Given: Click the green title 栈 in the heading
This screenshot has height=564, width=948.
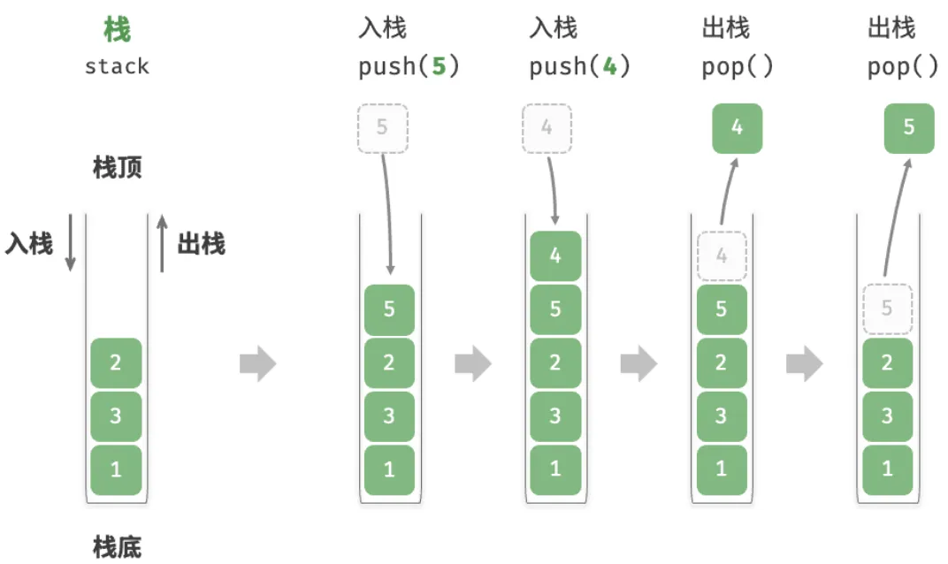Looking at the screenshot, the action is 117,29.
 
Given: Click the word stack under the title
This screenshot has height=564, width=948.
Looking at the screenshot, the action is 117,66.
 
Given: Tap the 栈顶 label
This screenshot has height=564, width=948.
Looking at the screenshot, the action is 118,167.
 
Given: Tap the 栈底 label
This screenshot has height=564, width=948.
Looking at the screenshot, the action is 118,547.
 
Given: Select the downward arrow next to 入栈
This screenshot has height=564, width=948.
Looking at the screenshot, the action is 70,242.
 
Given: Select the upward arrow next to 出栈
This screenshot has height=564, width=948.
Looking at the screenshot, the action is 162,244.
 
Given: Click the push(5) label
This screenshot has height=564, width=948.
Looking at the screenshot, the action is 409,66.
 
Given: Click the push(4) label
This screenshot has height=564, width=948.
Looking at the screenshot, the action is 580,66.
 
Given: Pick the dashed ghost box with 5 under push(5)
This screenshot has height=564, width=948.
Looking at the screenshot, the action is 383,128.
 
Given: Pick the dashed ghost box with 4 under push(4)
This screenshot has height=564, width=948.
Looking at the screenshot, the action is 547,128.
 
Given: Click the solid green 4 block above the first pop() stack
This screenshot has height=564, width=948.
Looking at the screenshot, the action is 737,128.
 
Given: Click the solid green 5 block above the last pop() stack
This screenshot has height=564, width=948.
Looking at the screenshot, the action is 909,128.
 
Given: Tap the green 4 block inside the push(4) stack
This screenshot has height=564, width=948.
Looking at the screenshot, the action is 555,255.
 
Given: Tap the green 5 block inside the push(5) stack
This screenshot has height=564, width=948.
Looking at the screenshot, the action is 389,309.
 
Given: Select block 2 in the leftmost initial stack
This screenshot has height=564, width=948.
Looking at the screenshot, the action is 116,362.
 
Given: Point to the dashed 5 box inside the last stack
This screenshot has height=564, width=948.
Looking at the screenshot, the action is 887,309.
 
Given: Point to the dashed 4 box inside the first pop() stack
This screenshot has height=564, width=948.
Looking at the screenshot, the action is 722,255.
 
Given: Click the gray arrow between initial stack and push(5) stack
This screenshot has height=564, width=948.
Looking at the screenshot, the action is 258,363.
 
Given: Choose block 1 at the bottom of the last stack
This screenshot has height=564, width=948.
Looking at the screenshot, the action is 887,469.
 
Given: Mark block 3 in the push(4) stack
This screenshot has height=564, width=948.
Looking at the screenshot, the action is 555,415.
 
